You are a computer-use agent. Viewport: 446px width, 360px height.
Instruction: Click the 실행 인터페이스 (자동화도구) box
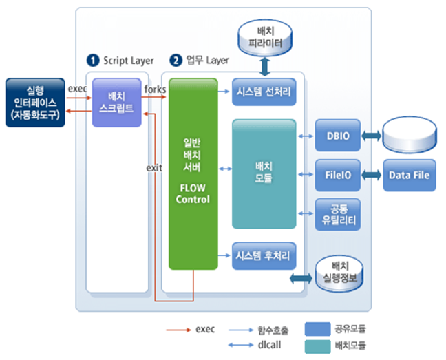point(34,103)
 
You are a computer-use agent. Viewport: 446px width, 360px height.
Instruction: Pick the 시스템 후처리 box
point(264,255)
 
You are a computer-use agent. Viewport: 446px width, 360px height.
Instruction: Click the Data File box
point(410,175)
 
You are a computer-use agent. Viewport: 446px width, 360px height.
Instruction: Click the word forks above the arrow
point(155,89)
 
